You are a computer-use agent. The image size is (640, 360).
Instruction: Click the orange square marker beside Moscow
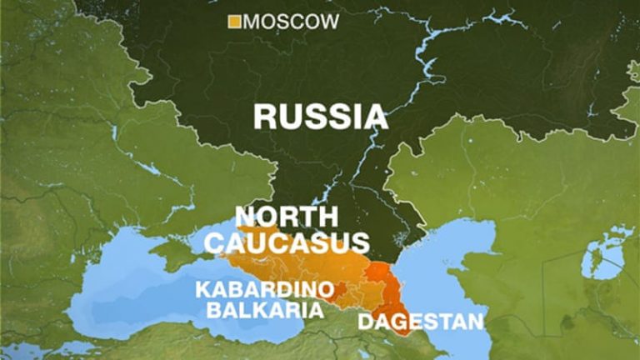[234, 22]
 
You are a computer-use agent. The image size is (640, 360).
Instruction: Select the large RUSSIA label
[320, 116]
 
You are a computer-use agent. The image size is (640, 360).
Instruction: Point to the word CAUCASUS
[287, 242]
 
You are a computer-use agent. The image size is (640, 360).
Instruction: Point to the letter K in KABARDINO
[202, 291]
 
